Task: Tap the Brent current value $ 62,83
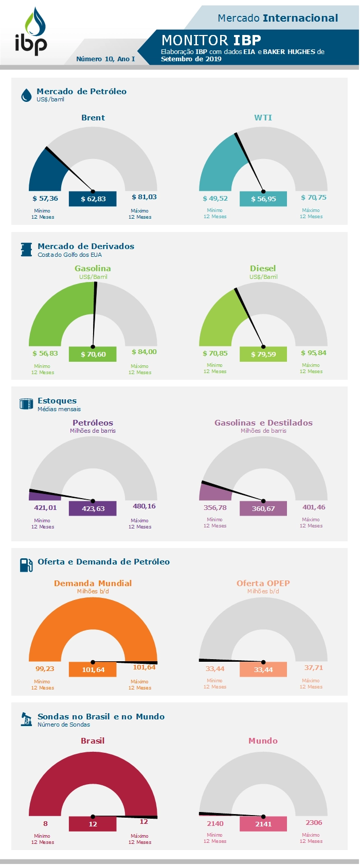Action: pyautogui.click(x=93, y=199)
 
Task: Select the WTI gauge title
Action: pyautogui.click(x=263, y=118)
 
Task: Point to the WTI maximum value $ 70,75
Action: pyautogui.click(x=314, y=198)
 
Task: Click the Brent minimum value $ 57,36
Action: pyautogui.click(x=45, y=199)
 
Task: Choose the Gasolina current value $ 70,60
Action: pyautogui.click(x=93, y=354)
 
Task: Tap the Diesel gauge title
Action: pyautogui.click(x=263, y=269)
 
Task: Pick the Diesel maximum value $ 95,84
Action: pyautogui.click(x=314, y=353)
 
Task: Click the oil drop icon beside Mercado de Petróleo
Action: pyautogui.click(x=26, y=95)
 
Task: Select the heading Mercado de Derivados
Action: pyautogui.click(x=86, y=246)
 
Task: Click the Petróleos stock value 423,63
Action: pyautogui.click(x=93, y=508)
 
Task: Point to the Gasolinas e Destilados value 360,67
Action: pyautogui.click(x=263, y=508)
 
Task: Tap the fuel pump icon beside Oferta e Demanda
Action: pyautogui.click(x=26, y=565)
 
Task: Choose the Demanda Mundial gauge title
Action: pyautogui.click(x=93, y=584)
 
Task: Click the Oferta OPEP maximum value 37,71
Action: pyautogui.click(x=314, y=668)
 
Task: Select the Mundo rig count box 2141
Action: pyautogui.click(x=263, y=824)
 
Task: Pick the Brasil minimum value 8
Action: pyautogui.click(x=45, y=823)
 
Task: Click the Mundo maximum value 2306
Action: pyautogui.click(x=314, y=823)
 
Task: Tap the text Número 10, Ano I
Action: pyautogui.click(x=105, y=59)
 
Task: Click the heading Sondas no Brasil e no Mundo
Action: pyautogui.click(x=101, y=717)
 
